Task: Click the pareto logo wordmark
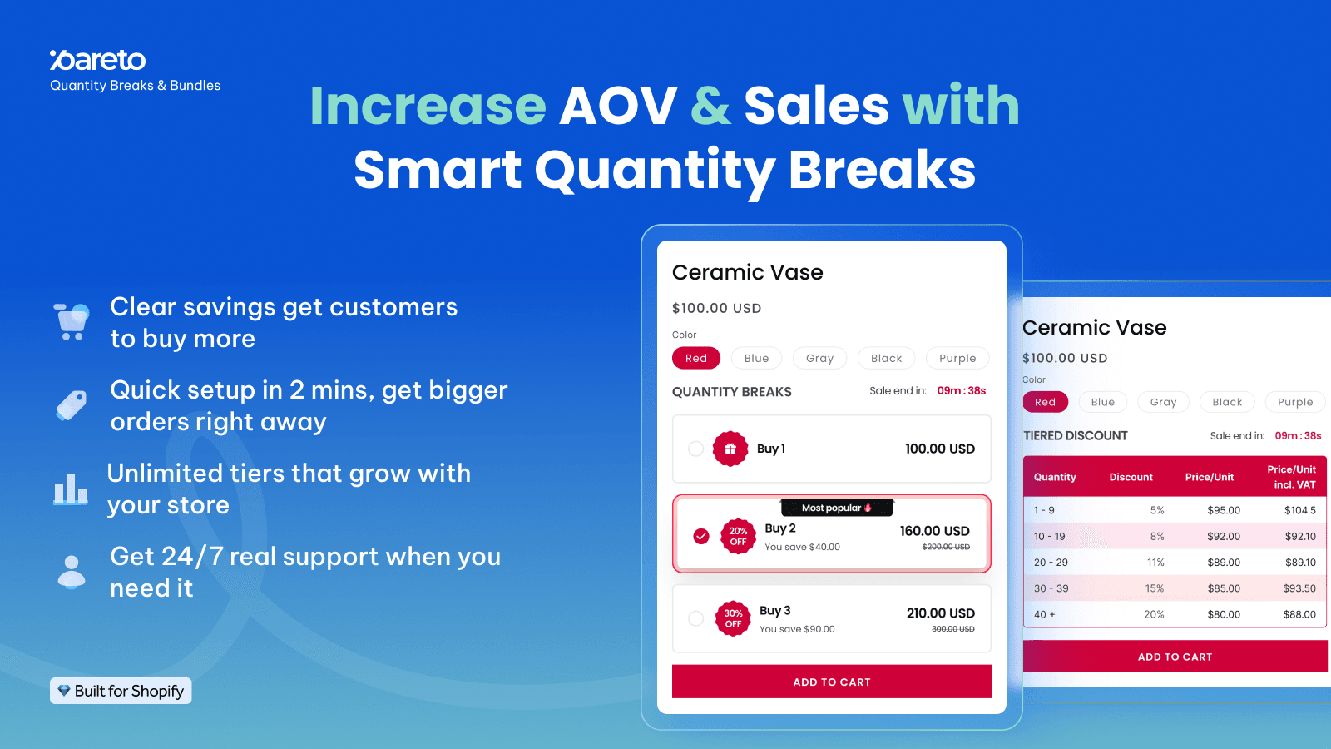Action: coord(98,60)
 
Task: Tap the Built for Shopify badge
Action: coord(121,691)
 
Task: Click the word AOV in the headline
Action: coord(618,106)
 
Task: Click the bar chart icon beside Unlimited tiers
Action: coord(71,489)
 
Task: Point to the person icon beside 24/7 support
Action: coord(72,572)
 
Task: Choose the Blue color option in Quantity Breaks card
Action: coord(756,358)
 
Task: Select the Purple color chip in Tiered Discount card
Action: coord(1294,402)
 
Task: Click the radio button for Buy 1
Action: coord(696,449)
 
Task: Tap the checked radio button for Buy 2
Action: coord(701,536)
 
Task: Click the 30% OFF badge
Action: coord(733,618)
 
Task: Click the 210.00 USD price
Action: coord(940,613)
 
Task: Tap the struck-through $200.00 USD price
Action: coord(946,547)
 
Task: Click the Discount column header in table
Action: coord(1131,477)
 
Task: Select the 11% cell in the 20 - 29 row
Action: coord(1155,563)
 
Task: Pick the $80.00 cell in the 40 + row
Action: coord(1223,614)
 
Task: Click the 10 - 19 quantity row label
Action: coord(1049,537)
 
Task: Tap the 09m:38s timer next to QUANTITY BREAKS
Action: coord(961,390)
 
